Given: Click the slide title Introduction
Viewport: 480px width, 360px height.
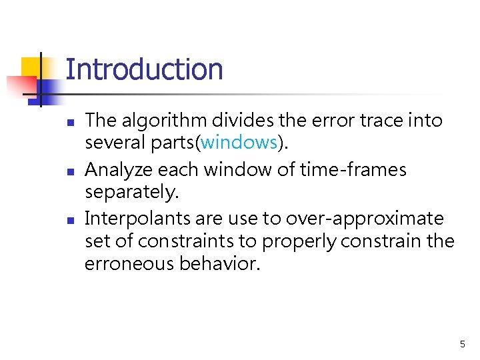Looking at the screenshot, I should (x=144, y=69).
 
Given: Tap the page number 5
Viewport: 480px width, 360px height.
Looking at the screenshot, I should (x=462, y=345).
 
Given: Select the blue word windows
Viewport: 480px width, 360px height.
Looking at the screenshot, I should (x=239, y=142).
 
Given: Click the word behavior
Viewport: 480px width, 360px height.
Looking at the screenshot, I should (x=219, y=263).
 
